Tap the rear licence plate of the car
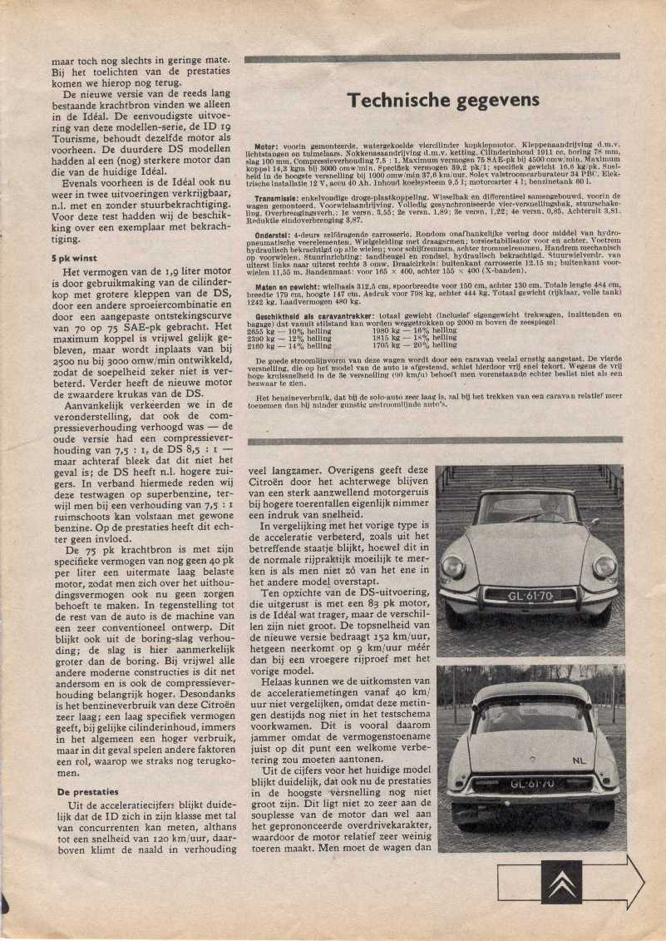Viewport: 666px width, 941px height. (531, 784)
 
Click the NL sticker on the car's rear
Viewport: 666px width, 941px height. (580, 760)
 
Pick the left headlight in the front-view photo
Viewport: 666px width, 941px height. (454, 567)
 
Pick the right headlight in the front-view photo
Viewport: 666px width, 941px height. (604, 567)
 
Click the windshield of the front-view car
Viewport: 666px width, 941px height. (528, 508)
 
